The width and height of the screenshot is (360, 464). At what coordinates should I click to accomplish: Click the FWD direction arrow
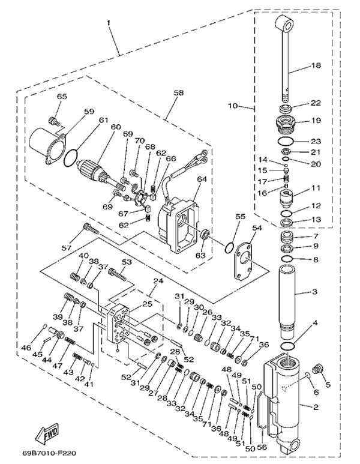pos(47,433)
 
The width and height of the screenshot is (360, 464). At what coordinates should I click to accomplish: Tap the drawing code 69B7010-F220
pos(49,453)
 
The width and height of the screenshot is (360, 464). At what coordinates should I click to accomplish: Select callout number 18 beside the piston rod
pos(316,65)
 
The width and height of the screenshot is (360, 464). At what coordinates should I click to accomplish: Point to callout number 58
pos(179,93)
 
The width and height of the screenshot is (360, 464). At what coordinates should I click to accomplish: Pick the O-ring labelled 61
pos(71,157)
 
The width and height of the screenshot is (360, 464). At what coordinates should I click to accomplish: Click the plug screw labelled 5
pos(318,369)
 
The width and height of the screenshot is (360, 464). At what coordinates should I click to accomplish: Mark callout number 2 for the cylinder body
pos(316,407)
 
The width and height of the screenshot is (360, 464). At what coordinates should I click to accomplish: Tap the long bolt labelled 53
pos(118,274)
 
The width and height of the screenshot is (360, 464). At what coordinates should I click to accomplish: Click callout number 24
pos(158,282)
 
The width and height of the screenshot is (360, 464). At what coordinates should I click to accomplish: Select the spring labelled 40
pos(75,277)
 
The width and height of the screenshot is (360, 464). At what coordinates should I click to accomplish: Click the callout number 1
pos(109,22)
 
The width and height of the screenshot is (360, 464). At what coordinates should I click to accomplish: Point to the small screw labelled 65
pos(53,121)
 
